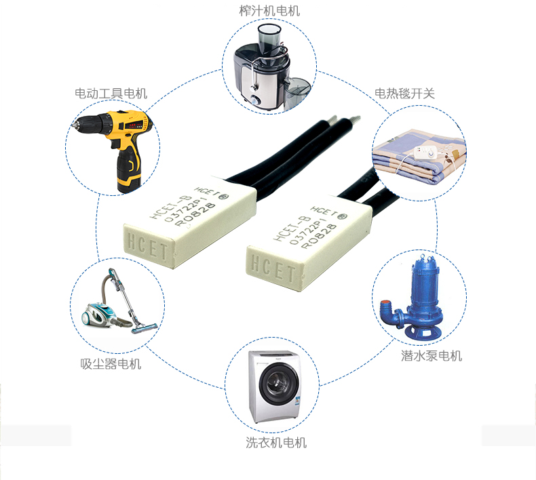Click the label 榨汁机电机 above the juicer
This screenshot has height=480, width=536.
coord(269,11)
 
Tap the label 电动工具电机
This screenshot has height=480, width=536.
coord(111,94)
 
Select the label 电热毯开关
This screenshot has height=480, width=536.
coord(404,94)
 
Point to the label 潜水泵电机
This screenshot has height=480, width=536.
coord(432,356)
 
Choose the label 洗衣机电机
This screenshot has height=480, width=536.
coord(276,443)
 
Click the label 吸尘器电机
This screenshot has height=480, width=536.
coord(111,364)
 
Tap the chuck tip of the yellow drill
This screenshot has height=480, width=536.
coord(73,124)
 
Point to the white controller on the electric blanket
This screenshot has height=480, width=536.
coord(425,152)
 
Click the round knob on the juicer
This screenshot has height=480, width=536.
coord(254,100)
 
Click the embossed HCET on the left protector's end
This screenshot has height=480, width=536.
coord(148,246)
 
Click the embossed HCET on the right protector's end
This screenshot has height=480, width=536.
coord(273,269)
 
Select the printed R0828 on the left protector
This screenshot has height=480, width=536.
coord(195,214)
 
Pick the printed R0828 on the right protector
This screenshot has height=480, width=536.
coord(319,236)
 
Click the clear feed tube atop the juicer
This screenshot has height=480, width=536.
coord(269,39)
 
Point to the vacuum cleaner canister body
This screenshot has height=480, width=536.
coord(99,315)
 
